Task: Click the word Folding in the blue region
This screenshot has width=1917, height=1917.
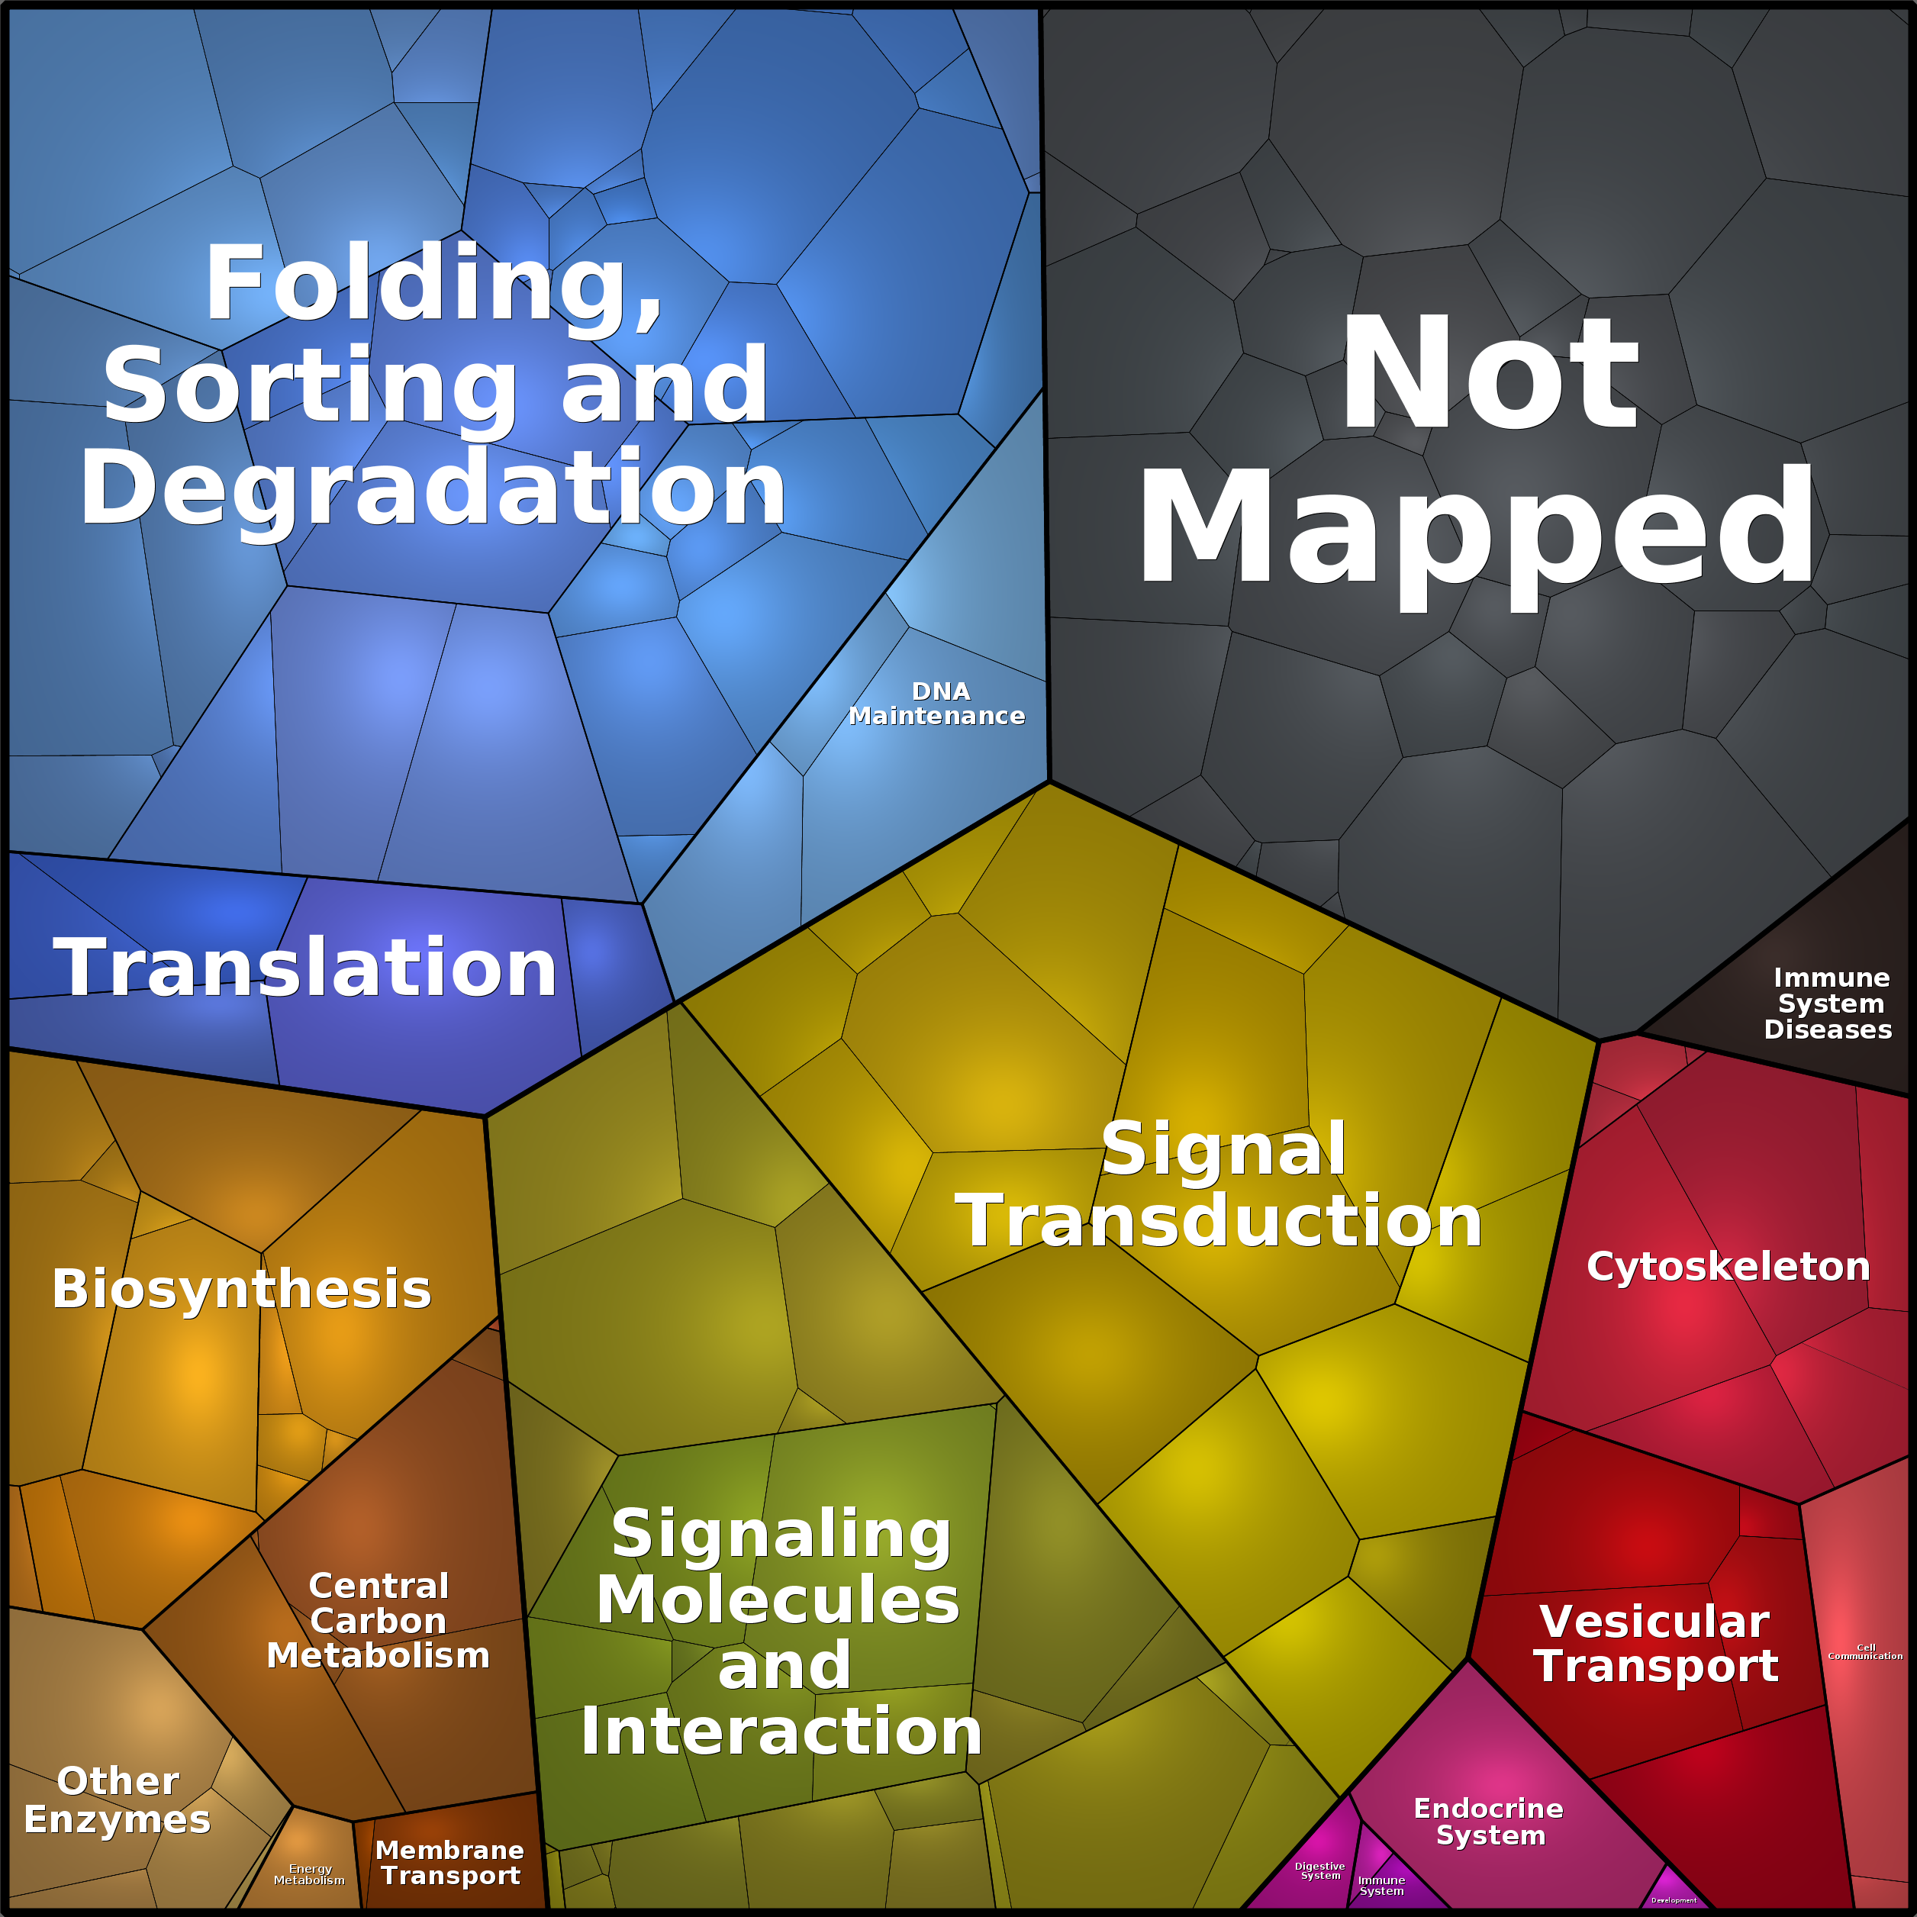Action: (433, 284)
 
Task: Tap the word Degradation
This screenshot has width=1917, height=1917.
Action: (433, 488)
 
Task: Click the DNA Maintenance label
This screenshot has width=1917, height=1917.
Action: (938, 704)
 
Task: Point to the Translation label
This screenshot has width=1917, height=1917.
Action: (304, 968)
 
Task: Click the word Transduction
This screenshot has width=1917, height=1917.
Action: (1219, 1220)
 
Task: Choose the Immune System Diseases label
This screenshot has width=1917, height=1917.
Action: (1828, 1004)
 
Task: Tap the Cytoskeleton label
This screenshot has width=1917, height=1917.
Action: (1729, 1266)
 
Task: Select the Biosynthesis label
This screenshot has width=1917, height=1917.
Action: (241, 1289)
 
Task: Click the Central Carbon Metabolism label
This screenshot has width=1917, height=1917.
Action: (378, 1620)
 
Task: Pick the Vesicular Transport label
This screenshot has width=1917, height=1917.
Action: (1656, 1643)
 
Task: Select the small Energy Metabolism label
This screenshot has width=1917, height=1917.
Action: (310, 1874)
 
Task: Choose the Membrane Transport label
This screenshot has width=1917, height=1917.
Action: (450, 1864)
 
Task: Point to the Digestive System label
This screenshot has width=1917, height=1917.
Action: (1319, 1870)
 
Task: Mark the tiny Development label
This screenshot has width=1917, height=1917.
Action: (1674, 1900)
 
